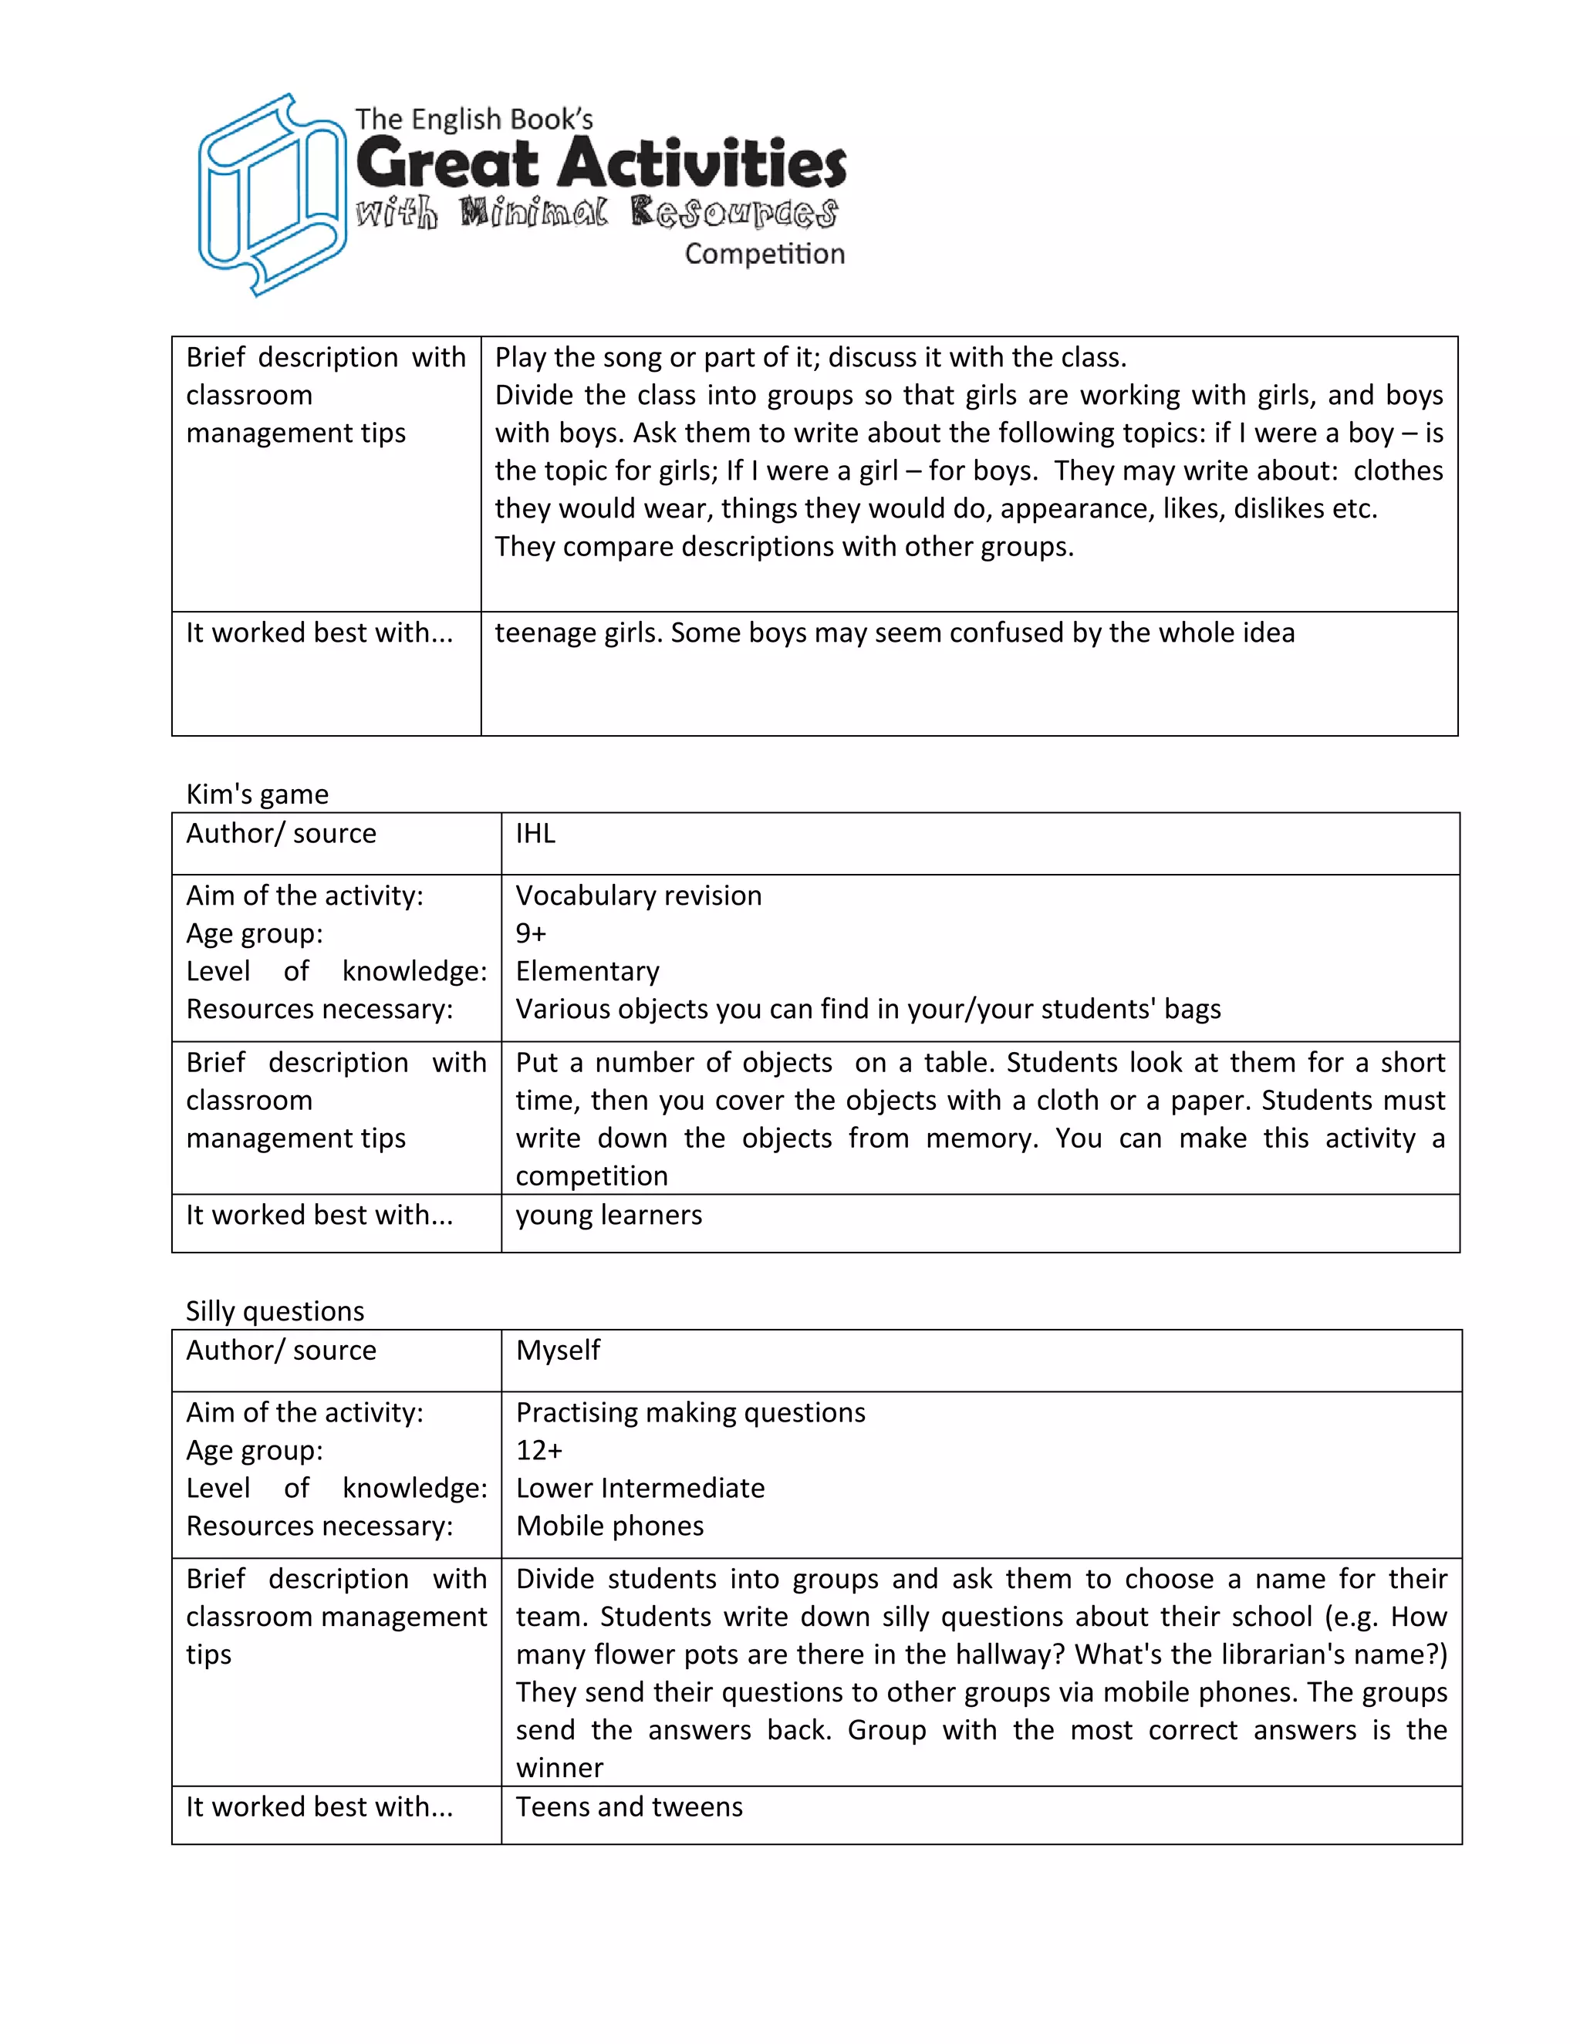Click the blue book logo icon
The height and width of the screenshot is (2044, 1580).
pos(272,194)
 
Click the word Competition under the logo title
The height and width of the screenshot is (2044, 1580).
pos(764,254)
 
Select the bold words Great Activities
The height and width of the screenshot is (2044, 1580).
pos(601,163)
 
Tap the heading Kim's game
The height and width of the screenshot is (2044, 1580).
pos(258,794)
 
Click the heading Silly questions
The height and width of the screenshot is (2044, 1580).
pos(274,1310)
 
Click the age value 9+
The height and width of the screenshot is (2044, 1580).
pos(531,933)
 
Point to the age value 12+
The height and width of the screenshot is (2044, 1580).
pos(539,1450)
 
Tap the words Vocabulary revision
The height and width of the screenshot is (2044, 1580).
pos(638,896)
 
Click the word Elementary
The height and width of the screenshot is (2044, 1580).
pos(587,970)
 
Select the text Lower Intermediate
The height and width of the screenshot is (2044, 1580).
pos(640,1487)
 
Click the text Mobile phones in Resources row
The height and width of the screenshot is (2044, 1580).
pos(609,1526)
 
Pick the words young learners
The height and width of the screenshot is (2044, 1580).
pos(609,1215)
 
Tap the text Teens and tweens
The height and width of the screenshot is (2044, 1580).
pos(629,1806)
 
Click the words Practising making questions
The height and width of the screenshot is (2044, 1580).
pos(690,1412)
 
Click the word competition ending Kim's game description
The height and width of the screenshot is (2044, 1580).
pos(592,1175)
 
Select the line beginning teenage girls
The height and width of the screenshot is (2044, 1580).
pos(894,632)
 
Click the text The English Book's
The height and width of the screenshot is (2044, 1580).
pos(474,119)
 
